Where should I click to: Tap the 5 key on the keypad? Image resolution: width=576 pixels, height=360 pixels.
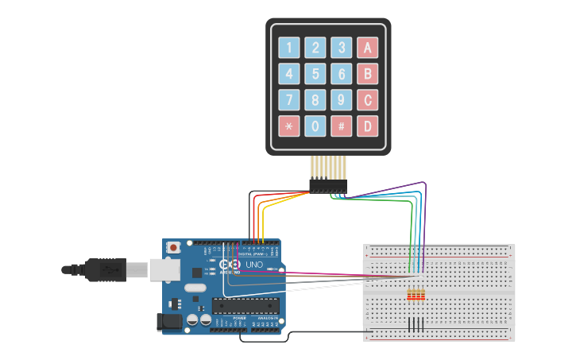315,75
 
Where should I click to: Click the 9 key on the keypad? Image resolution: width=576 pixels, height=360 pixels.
342,100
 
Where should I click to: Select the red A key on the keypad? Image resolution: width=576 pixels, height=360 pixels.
367,48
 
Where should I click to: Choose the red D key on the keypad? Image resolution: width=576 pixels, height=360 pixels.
367,126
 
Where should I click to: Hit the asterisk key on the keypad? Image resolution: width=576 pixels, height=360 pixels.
289,126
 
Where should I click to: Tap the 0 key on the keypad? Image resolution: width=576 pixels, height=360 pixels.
315,126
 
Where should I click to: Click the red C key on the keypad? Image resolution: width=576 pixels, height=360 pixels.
367,100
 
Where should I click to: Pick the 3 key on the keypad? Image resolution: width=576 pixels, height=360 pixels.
342,48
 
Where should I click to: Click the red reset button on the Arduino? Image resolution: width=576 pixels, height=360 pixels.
173,248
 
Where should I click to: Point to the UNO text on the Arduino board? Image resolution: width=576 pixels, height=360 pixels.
253,265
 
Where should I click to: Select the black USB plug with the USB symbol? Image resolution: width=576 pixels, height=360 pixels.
108,270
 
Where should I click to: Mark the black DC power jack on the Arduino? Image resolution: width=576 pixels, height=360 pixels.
170,322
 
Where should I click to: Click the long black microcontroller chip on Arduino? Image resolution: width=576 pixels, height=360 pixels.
245,306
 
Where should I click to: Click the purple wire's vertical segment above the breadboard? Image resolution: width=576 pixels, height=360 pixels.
426,223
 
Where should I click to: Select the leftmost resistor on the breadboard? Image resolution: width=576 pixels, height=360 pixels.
409,296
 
